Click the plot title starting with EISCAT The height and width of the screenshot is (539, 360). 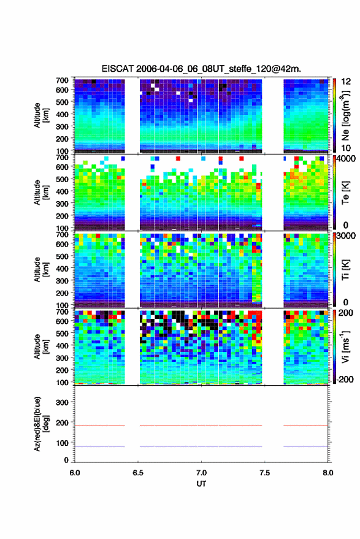[201, 69]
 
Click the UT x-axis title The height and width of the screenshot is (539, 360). [201, 484]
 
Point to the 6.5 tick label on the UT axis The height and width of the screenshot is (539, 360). [138, 473]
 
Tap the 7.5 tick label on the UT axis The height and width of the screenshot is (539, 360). [264, 473]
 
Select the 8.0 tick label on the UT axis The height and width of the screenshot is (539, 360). [327, 473]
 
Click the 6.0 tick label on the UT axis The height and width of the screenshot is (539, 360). [75, 473]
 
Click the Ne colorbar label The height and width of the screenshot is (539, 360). [346, 115]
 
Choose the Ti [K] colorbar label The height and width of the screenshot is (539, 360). [345, 270]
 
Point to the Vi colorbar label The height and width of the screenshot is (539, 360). [346, 346]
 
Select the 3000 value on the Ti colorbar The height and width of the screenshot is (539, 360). [345, 236]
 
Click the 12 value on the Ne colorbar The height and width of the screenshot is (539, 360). [346, 82]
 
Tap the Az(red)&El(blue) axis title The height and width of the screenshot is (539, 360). [41, 424]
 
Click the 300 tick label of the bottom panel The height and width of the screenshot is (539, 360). [62, 402]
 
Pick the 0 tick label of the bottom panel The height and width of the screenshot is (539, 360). [66, 460]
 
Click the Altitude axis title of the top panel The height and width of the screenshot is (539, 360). [41, 115]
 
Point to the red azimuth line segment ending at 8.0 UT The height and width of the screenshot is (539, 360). [305, 426]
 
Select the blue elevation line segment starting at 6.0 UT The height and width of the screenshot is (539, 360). [100, 446]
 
